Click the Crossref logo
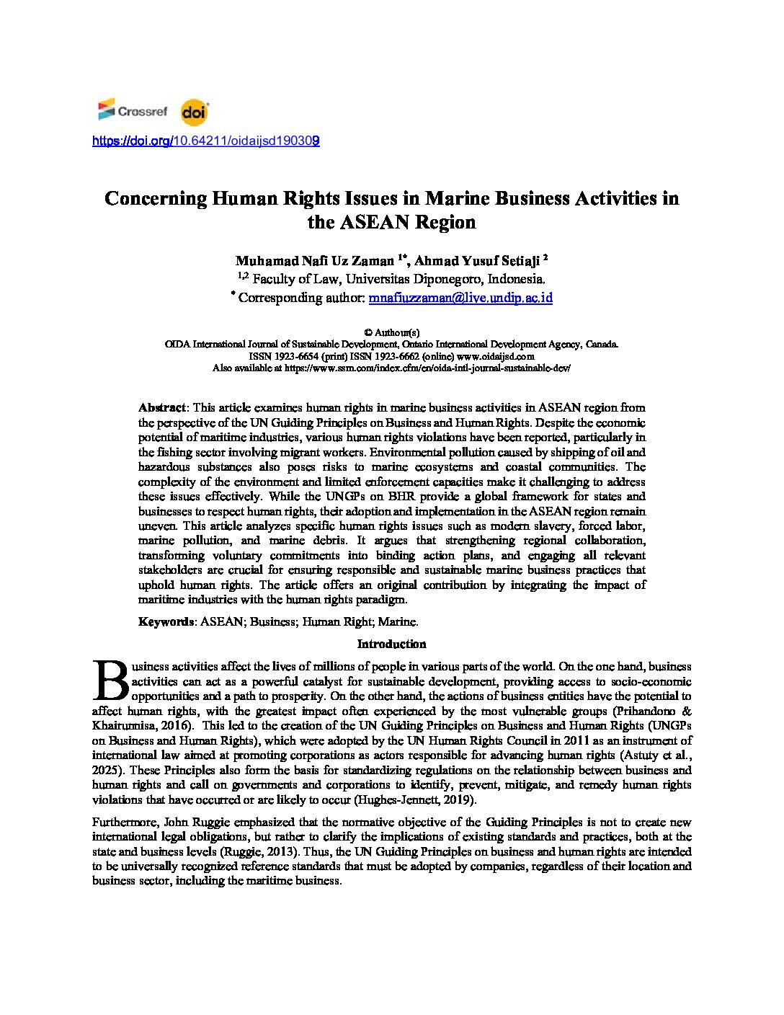point(133,111)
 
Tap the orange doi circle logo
point(194,112)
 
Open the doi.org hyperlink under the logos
point(206,141)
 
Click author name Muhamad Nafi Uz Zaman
point(314,261)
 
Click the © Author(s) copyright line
point(391,333)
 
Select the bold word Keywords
point(166,621)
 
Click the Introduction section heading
point(391,644)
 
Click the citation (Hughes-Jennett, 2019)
point(414,800)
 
